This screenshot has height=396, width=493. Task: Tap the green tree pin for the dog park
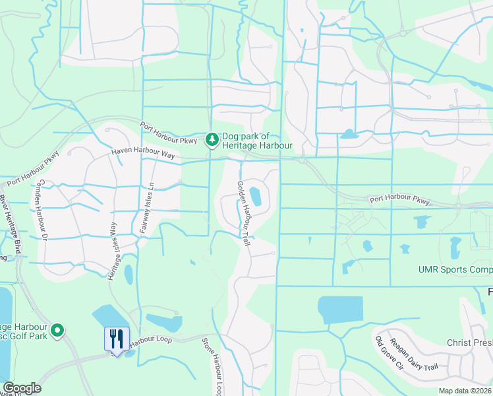pos(212,139)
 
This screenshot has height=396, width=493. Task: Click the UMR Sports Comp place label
pos(455,269)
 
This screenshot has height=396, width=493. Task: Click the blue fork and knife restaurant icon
pos(117,339)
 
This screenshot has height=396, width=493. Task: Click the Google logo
pos(22,388)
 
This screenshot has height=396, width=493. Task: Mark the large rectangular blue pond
pos(340,310)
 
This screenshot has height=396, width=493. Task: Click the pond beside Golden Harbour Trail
pos(255,196)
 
